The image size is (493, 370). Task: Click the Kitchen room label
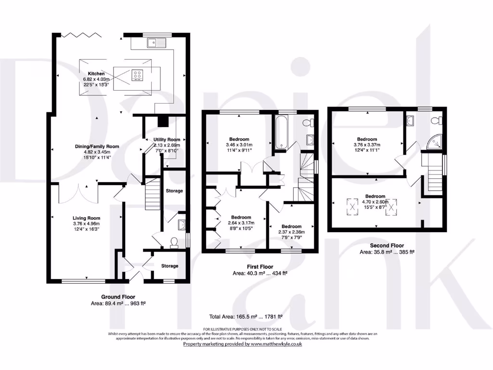tap(96, 74)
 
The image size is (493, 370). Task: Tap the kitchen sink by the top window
tap(156, 43)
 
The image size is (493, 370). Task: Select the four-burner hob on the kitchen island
tap(137, 75)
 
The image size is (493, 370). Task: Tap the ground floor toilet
tap(174, 241)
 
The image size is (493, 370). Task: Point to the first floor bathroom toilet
tap(310, 121)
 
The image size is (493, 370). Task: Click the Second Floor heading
tap(387, 245)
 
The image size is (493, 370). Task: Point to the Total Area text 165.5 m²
tap(245, 317)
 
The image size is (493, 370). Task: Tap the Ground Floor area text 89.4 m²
tap(118, 304)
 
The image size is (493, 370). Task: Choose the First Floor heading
tap(259, 266)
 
